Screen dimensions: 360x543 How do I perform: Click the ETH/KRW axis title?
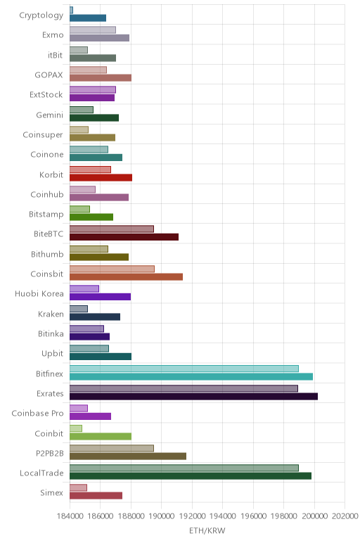[207, 530]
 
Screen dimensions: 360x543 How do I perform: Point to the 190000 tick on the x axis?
[161, 516]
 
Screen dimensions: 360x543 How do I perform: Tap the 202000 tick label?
[345, 516]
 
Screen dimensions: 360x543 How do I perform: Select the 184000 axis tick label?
[70, 516]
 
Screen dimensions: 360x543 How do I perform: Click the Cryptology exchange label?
[41, 15]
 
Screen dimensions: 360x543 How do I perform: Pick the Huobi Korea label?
[39, 294]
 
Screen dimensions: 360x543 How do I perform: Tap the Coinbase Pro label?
[37, 413]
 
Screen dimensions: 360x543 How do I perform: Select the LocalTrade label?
[41, 473]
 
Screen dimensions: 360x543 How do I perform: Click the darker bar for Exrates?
[193, 397]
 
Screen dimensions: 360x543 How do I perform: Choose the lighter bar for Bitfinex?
[184, 369]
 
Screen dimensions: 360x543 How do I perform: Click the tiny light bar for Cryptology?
[71, 10]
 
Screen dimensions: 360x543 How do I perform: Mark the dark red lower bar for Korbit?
[101, 178]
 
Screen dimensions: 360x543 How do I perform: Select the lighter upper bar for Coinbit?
[76, 428]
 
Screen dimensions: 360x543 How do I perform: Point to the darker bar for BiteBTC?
[124, 237]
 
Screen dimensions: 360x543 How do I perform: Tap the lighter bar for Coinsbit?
[112, 269]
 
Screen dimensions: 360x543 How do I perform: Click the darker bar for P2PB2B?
[128, 456]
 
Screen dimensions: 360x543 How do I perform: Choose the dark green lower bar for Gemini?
[94, 117]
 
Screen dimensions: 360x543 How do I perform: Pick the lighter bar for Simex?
[78, 488]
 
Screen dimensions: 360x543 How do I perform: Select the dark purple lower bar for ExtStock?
[92, 98]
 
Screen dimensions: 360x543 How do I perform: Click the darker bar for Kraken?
[95, 317]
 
